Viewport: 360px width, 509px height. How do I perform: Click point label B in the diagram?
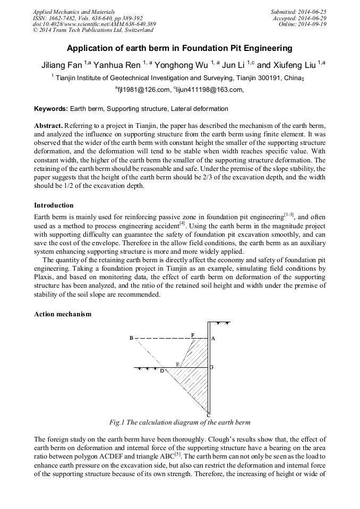(x=132, y=338)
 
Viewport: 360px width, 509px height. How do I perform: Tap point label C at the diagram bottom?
(x=209, y=415)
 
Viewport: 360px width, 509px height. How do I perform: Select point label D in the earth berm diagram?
(x=162, y=371)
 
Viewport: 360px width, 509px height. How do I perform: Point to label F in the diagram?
(x=193, y=335)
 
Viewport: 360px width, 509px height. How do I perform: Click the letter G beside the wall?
(x=212, y=367)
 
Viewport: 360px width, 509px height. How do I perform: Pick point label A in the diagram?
(x=213, y=338)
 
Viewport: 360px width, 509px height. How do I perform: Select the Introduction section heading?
(x=54, y=205)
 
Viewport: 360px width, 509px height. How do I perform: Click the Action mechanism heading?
(x=62, y=314)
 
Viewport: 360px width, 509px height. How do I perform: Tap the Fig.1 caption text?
(x=179, y=422)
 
